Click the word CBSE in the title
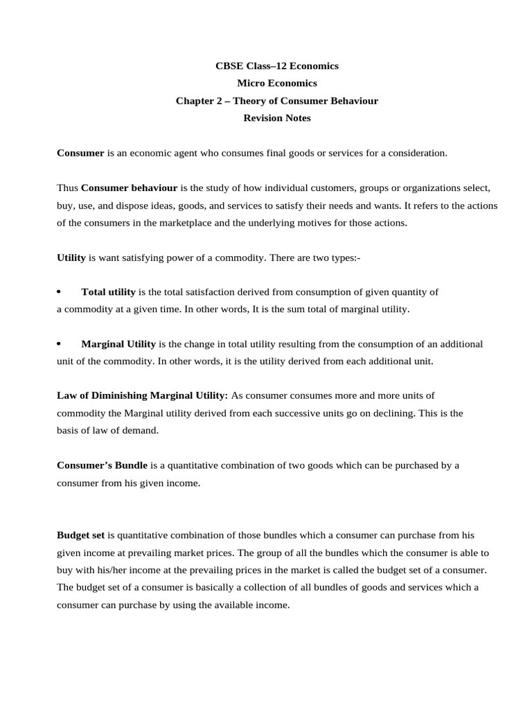(230, 66)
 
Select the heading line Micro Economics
(277, 84)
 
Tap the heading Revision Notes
(277, 118)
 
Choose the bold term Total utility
(108, 291)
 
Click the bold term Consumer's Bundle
(102, 465)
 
